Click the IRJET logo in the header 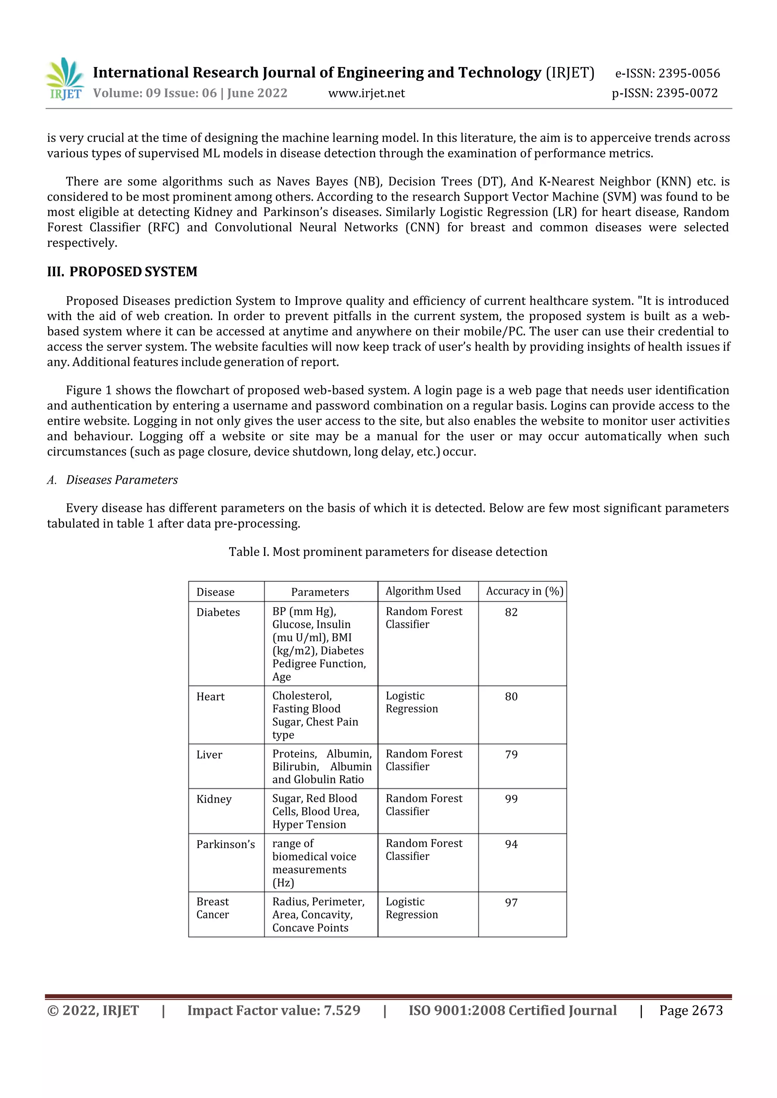(65, 79)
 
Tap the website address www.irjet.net (366, 93)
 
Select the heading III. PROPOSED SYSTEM (122, 271)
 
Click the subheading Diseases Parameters (121, 480)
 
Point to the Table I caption (387, 552)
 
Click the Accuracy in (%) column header (524, 591)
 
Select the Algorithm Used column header (423, 591)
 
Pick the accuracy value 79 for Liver (511, 754)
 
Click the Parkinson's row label (225, 844)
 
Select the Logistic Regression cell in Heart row (412, 703)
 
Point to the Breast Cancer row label (213, 908)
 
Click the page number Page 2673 (690, 1010)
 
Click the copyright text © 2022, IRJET (93, 1010)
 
